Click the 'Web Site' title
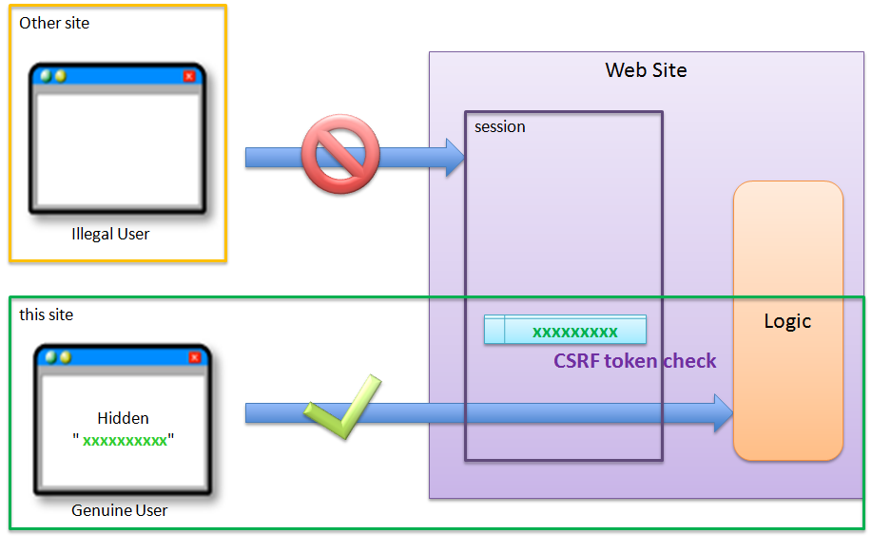(646, 70)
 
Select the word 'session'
(500, 126)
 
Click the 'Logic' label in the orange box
(787, 321)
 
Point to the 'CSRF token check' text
(634, 361)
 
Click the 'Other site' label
(54, 23)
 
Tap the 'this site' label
(46, 315)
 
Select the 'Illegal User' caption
(110, 234)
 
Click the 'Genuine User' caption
(119, 510)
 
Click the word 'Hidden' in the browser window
(123, 418)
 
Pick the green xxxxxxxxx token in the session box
(574, 332)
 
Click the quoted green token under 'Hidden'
(124, 441)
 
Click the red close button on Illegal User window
(188, 76)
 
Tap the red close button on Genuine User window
(195, 357)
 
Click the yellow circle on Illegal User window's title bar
(60, 76)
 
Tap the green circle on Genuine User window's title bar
(51, 357)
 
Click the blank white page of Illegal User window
(117, 147)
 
